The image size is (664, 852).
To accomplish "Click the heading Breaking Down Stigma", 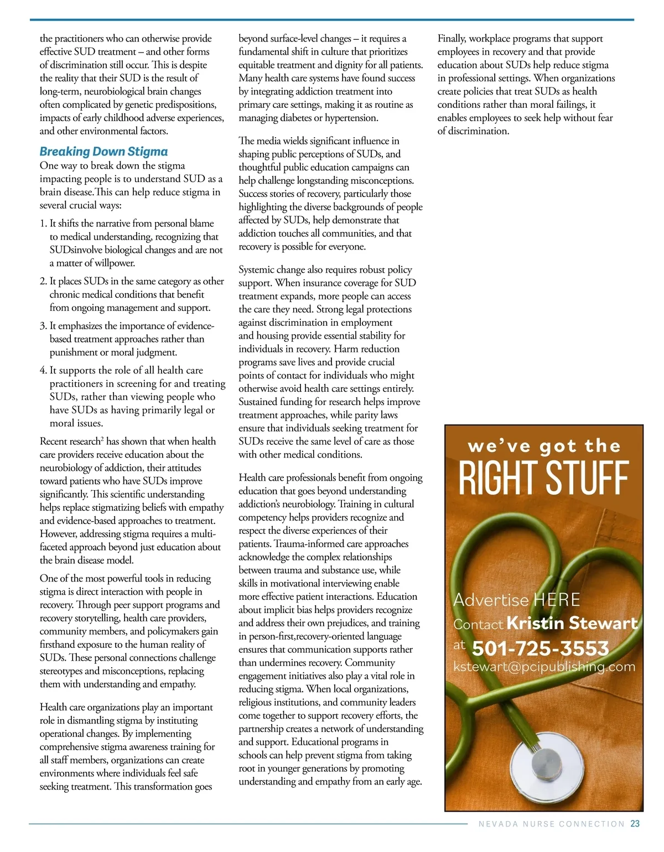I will [103, 152].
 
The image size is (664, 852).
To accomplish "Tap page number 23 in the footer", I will [635, 824].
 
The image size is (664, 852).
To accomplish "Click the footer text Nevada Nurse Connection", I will [551, 824].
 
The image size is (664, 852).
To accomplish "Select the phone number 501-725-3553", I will [540, 648].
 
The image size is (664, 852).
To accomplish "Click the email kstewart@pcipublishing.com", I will [544, 667].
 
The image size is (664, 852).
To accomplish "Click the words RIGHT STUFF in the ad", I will [544, 478].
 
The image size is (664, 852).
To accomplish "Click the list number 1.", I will [43, 224].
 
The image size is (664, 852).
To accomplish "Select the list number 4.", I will [43, 370].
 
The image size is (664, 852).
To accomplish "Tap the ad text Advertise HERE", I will [516, 600].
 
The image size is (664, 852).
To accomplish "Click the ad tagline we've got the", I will [544, 446].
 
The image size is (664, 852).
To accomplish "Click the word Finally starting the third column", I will [452, 39].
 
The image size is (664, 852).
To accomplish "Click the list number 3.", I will [43, 326].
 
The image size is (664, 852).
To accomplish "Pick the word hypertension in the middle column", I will [351, 118].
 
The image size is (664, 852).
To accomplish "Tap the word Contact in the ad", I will [478, 625].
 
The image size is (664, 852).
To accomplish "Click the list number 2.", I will [43, 281].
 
